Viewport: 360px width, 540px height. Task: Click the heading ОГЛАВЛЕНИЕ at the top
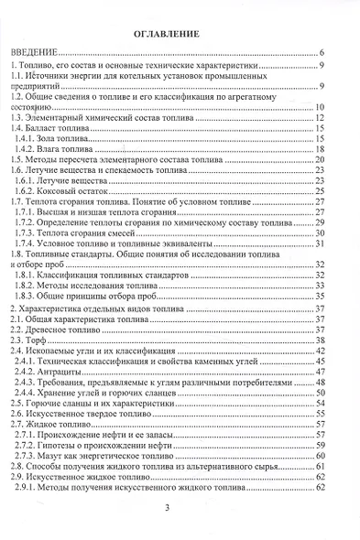180,28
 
